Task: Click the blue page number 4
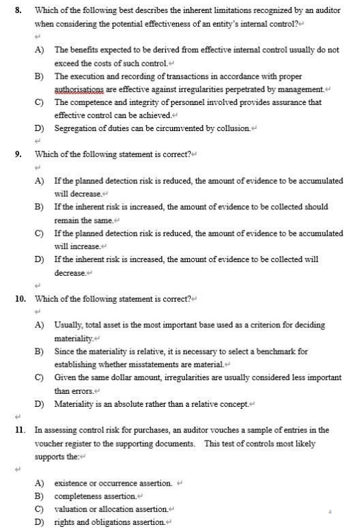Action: click(330, 510)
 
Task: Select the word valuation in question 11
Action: click(73, 508)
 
